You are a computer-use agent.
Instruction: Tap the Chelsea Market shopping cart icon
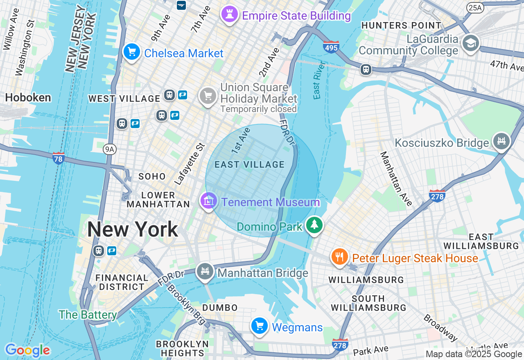(132, 52)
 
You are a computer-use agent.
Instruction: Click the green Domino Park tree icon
(314, 225)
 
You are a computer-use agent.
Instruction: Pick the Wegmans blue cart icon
(260, 326)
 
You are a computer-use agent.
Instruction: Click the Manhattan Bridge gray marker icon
(205, 271)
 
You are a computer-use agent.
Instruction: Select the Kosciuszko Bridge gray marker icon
(502, 142)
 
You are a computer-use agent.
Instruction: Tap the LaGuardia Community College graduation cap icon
(470, 43)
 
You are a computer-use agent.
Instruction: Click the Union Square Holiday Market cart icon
(208, 96)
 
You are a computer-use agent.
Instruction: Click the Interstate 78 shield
(59, 158)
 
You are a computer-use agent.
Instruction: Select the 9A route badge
(109, 149)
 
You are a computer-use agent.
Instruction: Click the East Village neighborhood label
(250, 164)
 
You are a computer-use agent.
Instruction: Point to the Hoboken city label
(28, 97)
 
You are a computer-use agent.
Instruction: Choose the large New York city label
(133, 229)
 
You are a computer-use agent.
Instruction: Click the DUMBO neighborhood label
(220, 308)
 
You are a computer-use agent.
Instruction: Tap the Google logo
(27, 350)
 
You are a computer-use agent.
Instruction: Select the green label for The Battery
(88, 315)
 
